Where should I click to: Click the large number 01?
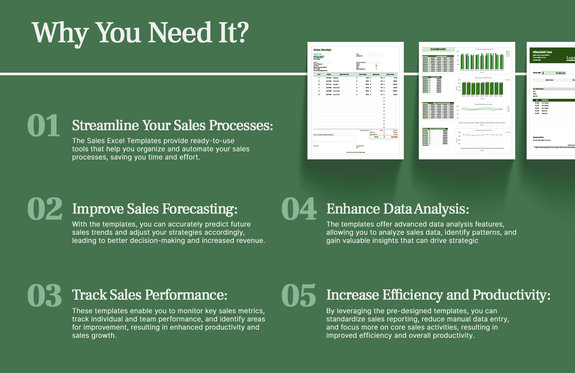click(43, 126)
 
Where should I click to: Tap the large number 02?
click(44, 209)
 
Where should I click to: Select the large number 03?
click(44, 295)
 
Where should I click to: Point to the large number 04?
click(299, 209)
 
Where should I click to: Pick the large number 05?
click(298, 295)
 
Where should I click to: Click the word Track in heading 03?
click(89, 295)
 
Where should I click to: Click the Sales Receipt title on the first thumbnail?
click(322, 50)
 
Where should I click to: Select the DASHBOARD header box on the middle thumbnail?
click(438, 49)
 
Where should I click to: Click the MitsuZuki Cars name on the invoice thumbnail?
click(542, 52)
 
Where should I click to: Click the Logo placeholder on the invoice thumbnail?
click(570, 58)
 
